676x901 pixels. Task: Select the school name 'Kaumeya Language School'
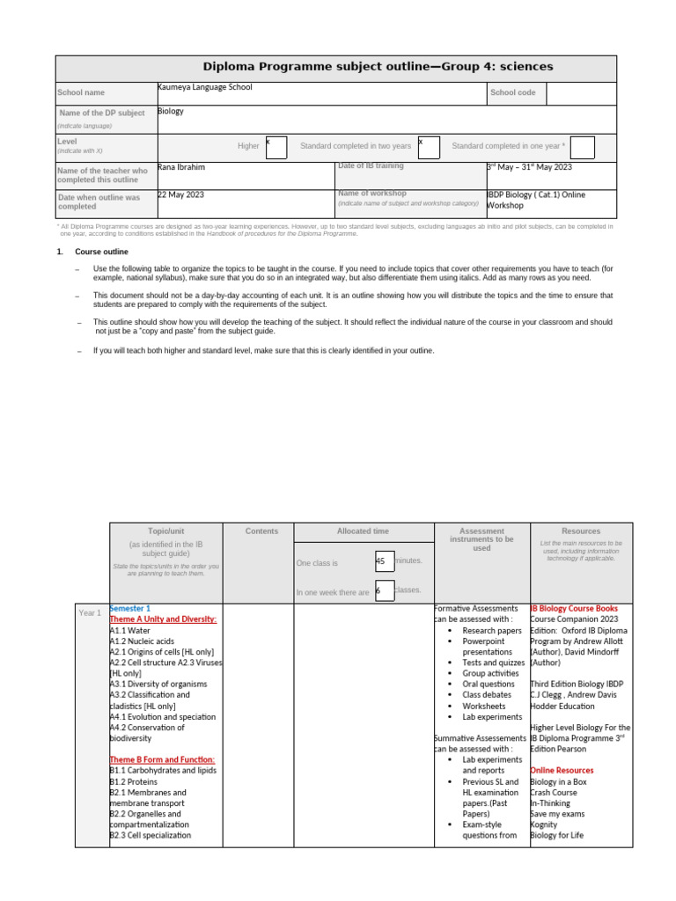tap(205, 88)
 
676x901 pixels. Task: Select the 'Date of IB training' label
tap(371, 166)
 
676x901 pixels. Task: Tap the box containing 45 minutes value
tap(384, 561)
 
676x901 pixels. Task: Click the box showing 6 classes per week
tap(384, 591)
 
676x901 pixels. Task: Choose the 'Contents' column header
tap(261, 531)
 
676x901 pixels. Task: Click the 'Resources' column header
tap(581, 531)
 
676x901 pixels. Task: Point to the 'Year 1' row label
tap(90, 612)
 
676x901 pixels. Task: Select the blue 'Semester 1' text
tap(130, 609)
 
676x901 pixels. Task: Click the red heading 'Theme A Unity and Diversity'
tap(163, 619)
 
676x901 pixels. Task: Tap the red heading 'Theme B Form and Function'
tap(162, 759)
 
